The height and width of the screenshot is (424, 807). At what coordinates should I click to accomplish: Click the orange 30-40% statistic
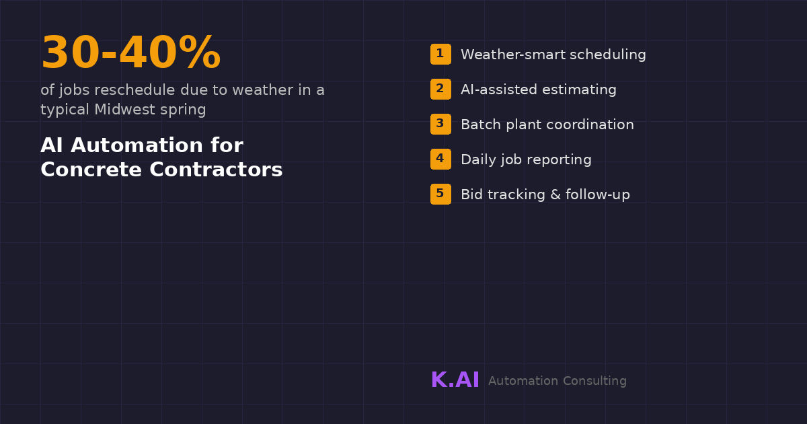pyautogui.click(x=130, y=52)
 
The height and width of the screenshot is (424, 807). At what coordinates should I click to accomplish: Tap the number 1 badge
pyautogui.click(x=440, y=54)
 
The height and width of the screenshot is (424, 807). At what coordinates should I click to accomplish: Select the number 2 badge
pyautogui.click(x=440, y=89)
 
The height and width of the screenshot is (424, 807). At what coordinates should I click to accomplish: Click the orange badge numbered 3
pyautogui.click(x=440, y=124)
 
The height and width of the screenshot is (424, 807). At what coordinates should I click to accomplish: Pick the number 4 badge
pyautogui.click(x=440, y=159)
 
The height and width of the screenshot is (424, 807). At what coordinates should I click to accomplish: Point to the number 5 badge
pyautogui.click(x=440, y=194)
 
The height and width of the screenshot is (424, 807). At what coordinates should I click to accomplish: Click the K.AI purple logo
pyautogui.click(x=455, y=380)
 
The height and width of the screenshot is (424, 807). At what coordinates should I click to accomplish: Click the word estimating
pyautogui.click(x=579, y=90)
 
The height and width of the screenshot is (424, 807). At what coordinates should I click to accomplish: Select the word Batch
pyautogui.click(x=481, y=125)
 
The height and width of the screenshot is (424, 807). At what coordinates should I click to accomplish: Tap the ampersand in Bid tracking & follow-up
pyautogui.click(x=555, y=195)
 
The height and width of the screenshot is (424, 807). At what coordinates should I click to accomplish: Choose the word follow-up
pyautogui.click(x=598, y=195)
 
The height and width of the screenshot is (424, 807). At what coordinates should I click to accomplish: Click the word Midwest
pyautogui.click(x=124, y=109)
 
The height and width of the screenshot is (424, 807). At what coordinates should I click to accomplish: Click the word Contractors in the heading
pyautogui.click(x=216, y=170)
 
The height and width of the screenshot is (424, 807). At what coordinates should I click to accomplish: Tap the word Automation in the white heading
pyautogui.click(x=137, y=145)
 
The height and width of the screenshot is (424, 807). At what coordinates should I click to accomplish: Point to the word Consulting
pyautogui.click(x=594, y=381)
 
